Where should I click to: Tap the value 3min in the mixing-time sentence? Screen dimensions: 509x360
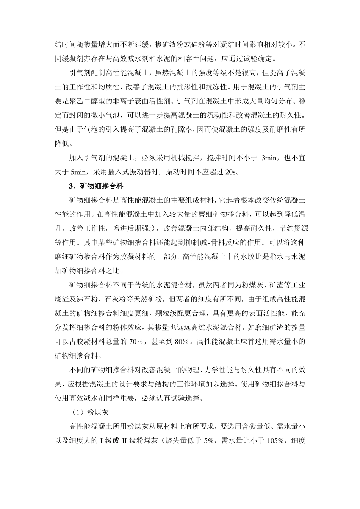pos(269,158)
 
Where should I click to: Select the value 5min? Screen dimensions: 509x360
pos(78,172)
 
